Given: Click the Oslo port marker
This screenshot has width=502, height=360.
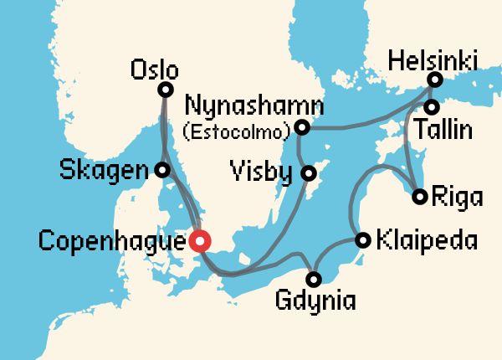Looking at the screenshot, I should click(165, 90).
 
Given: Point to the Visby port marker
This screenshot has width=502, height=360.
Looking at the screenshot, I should click(309, 174).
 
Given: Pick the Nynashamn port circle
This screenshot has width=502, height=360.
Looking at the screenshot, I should click(302, 128).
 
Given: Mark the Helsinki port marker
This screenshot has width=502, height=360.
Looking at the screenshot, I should click(434, 80).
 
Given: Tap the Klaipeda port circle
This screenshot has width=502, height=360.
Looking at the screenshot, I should click(363, 240).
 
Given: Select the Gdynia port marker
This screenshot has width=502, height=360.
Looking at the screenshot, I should click(314, 278).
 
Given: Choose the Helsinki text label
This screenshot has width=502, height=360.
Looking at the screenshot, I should click(432, 60).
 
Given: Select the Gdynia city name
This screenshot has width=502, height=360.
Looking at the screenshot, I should click(314, 301).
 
